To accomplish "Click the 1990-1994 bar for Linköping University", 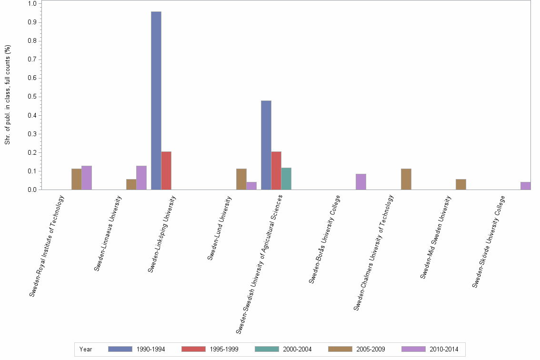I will point(156,100).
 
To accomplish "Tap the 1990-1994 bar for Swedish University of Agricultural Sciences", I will point(266,145).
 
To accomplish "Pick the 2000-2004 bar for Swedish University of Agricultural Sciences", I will point(286,179).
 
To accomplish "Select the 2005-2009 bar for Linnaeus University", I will point(131,184).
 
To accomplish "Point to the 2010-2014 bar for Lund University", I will point(251,186).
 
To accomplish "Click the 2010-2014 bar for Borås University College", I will point(361,182).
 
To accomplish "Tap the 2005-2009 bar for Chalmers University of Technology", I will point(406,179).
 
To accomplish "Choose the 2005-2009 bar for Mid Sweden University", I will point(460,184).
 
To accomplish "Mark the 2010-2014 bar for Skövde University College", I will point(525,186).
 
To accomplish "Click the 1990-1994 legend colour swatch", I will point(120,349).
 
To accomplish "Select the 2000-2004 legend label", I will point(297,350).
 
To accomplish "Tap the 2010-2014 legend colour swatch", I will point(413,349).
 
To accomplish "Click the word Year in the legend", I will point(86,350).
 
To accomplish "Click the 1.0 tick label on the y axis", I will point(32,4).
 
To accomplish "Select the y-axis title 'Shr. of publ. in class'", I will point(8,95).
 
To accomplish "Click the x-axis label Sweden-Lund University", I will point(220,229).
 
